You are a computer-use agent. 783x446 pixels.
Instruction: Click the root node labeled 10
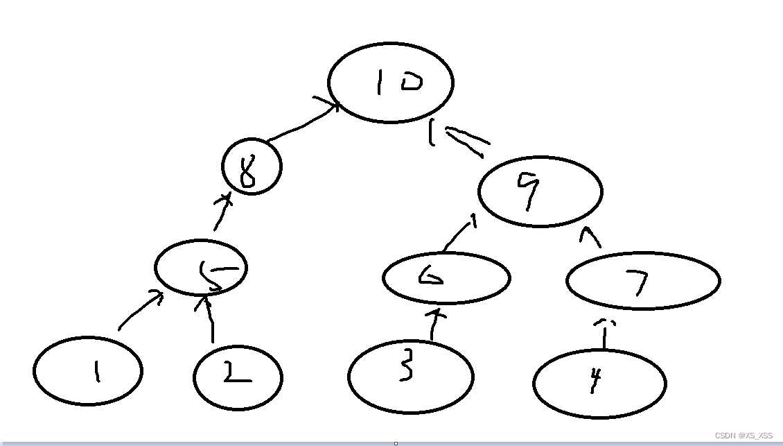[390, 83]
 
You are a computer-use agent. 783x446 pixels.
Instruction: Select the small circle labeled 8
[252, 167]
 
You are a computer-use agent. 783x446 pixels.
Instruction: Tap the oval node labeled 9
[540, 191]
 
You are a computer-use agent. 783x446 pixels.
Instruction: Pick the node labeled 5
[201, 269]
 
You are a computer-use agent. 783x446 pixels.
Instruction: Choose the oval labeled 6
[446, 278]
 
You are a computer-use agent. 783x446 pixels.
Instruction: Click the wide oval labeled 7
[643, 280]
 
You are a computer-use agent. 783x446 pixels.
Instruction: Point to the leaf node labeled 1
[88, 371]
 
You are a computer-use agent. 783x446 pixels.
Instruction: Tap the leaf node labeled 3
[410, 377]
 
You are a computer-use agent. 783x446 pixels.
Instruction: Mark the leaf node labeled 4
[599, 383]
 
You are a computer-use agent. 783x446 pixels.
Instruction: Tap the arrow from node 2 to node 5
[210, 320]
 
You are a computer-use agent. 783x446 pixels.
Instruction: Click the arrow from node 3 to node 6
[434, 325]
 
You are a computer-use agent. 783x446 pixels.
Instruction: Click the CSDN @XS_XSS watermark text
[744, 436]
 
